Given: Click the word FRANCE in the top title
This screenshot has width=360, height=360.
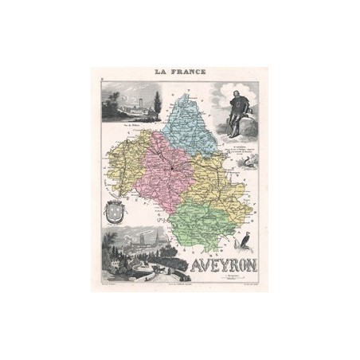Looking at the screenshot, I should point(188,72).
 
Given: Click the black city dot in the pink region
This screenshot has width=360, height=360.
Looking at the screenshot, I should point(169,170).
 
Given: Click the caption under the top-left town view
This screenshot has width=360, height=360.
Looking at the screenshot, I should point(132,126).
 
